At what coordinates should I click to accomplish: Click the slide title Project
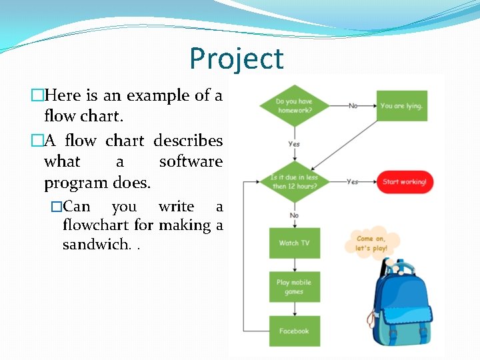point(237,59)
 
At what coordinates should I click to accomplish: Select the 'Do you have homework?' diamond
point(294,106)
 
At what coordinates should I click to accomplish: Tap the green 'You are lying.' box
point(401,106)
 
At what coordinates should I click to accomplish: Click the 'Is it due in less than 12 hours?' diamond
point(294,181)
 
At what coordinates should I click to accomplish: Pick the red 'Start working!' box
point(405,182)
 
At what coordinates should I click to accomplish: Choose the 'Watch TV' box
point(294,243)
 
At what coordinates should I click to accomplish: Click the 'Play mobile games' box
point(294,287)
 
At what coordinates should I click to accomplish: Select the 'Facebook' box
point(294,331)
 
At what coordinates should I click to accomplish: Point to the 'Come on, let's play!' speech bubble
point(372,243)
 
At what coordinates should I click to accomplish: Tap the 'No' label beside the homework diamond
point(353,106)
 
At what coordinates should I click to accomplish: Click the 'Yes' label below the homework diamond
point(294,144)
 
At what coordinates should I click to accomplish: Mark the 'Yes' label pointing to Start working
point(353,181)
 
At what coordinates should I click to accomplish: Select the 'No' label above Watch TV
point(294,215)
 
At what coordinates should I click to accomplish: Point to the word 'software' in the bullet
point(191,162)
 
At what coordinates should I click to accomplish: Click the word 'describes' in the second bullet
point(188,141)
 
